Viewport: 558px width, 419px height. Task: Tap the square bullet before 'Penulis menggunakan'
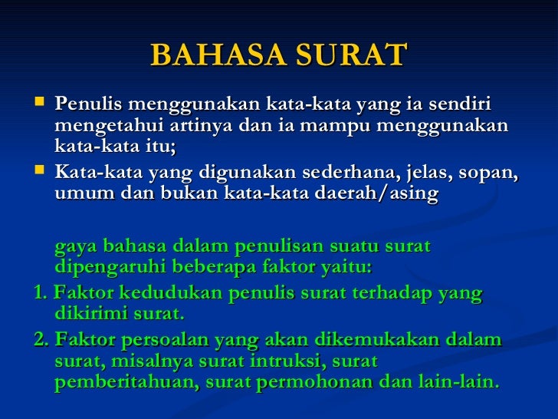[41, 101]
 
